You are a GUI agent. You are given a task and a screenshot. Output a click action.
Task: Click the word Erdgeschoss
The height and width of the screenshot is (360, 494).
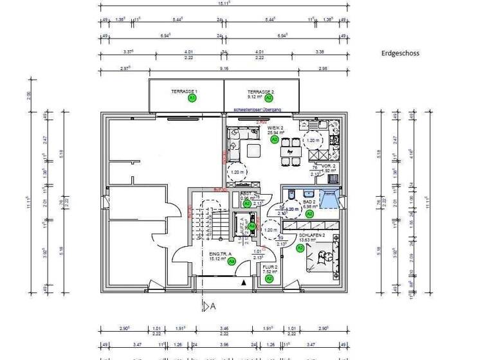tap(399, 53)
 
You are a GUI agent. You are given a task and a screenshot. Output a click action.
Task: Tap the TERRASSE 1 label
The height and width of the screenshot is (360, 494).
tap(184, 91)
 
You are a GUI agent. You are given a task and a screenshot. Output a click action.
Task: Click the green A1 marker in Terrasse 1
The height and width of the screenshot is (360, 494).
tap(192, 98)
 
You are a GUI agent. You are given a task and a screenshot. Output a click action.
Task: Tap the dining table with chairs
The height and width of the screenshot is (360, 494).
tap(293, 152)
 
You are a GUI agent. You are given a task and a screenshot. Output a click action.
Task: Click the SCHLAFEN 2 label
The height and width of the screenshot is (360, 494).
tap(312, 235)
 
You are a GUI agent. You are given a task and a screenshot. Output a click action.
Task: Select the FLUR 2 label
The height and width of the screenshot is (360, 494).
tap(270, 266)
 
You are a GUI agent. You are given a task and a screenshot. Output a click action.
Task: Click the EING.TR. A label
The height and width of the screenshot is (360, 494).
tap(220, 254)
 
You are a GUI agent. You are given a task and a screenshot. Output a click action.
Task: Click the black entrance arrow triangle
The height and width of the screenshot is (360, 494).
tap(242, 282)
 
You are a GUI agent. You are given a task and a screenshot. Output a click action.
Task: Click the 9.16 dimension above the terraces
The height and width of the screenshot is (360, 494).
tap(224, 67)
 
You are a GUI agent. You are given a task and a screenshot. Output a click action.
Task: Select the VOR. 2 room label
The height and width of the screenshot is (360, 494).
tap(329, 166)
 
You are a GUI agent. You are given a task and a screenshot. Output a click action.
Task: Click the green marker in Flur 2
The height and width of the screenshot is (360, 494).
tap(270, 278)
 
